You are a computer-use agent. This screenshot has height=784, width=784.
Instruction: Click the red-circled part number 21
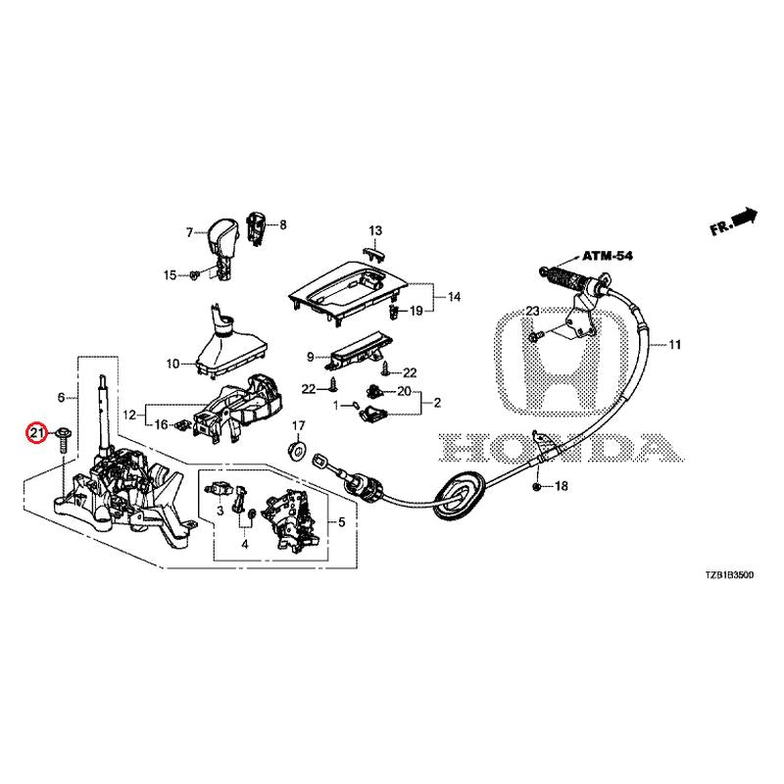37,432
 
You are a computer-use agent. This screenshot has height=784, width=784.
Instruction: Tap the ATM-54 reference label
608,255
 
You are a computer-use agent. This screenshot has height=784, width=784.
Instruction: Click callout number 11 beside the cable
674,345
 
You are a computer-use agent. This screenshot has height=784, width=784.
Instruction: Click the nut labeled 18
537,487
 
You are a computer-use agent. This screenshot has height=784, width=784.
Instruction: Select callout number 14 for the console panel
454,297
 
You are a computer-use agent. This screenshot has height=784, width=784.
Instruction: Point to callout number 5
341,522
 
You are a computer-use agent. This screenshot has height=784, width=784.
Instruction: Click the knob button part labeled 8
259,225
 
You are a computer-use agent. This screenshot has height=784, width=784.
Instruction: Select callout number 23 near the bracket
532,311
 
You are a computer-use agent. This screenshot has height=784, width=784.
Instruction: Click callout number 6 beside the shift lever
61,398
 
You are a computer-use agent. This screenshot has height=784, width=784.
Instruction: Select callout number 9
311,357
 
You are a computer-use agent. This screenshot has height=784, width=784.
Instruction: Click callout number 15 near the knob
169,275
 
